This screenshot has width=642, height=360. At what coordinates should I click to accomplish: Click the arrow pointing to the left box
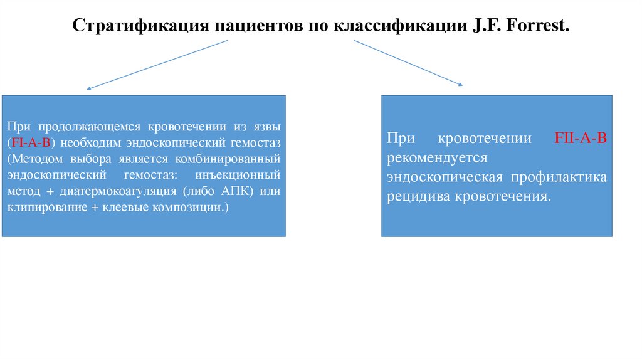(157, 66)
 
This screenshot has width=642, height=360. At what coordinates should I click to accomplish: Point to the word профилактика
(558, 177)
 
